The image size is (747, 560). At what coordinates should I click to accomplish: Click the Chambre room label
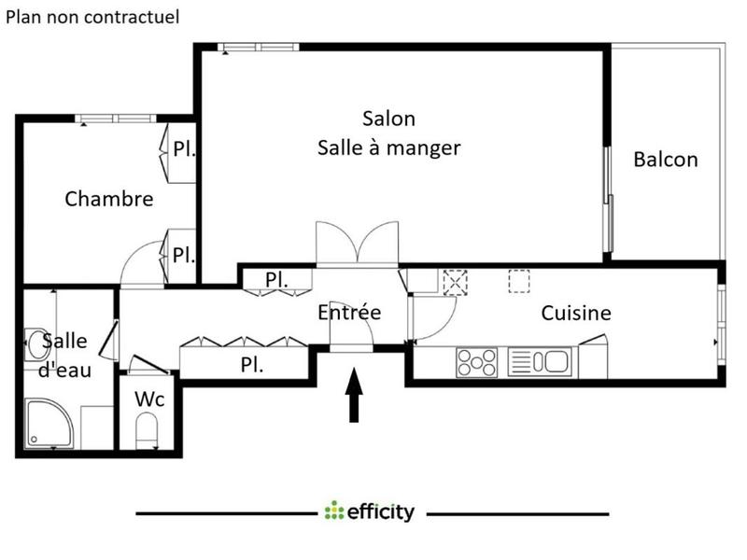(x=109, y=199)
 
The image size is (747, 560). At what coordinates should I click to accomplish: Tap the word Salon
(x=388, y=119)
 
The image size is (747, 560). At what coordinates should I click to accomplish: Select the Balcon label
(x=665, y=160)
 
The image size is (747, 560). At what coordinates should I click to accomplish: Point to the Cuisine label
(x=576, y=314)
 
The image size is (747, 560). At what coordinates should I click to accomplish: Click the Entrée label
(x=349, y=313)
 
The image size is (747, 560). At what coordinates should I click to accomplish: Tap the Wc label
(x=149, y=399)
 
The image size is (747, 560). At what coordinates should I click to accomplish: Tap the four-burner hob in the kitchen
(x=478, y=361)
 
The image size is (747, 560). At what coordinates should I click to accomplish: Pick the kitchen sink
(x=538, y=361)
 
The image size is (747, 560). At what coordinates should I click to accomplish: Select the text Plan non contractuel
(x=93, y=17)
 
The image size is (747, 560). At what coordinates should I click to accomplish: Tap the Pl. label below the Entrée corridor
(x=251, y=365)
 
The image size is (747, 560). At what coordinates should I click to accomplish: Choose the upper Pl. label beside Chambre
(x=184, y=148)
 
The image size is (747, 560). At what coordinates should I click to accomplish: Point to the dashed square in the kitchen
(x=518, y=281)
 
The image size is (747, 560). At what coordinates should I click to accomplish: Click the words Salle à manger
(x=388, y=147)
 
